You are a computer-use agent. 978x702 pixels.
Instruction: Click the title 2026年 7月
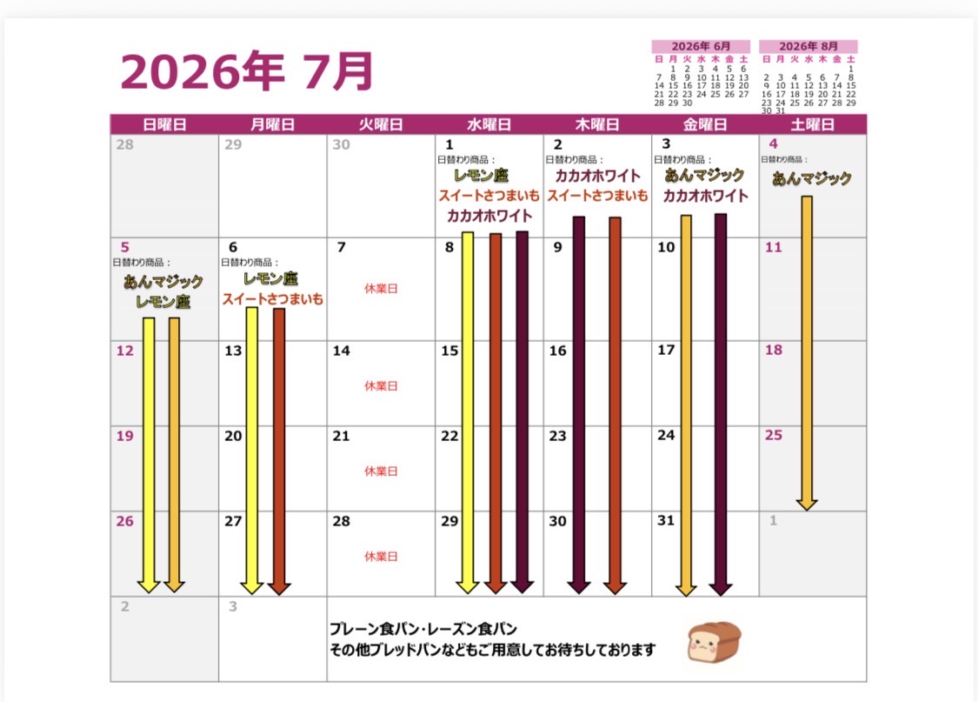(247, 71)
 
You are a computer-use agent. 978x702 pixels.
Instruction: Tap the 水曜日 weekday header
(489, 124)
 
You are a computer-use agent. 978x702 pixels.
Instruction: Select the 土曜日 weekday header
(812, 124)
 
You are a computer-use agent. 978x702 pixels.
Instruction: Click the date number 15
(449, 351)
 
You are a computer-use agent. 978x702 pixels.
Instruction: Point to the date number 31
(666, 520)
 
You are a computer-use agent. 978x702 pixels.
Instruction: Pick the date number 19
(124, 436)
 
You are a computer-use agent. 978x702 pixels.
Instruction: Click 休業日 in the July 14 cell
(381, 385)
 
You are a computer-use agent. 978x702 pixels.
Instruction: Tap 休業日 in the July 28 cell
(381, 556)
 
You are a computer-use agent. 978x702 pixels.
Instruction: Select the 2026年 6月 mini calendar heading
(701, 46)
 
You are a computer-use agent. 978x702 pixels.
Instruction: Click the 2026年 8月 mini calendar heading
(808, 46)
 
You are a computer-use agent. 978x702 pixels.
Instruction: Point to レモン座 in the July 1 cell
(481, 176)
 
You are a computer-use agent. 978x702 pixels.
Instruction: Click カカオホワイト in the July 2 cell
(597, 176)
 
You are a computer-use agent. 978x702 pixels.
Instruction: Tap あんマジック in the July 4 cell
(811, 178)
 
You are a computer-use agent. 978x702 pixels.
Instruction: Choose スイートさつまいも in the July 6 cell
(273, 299)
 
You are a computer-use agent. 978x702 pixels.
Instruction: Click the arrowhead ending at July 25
(807, 505)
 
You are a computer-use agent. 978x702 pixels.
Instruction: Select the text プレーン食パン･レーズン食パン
(423, 629)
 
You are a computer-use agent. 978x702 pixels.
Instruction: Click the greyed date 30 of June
(341, 144)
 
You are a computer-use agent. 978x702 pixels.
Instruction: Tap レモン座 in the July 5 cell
(163, 302)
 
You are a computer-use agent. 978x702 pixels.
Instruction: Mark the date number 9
(557, 247)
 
